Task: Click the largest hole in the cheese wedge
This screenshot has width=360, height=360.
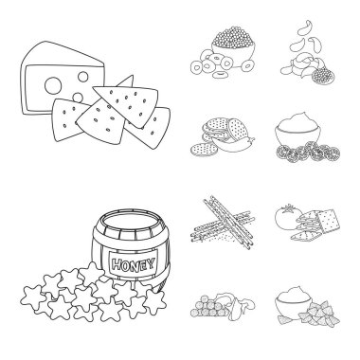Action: (x=52, y=85)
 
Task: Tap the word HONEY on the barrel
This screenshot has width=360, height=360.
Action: (x=134, y=264)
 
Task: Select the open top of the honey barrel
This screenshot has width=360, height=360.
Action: (x=131, y=222)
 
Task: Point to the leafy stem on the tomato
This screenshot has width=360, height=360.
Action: (x=288, y=208)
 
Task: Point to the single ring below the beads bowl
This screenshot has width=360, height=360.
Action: (x=220, y=75)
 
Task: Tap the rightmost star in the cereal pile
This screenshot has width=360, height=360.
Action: (x=155, y=301)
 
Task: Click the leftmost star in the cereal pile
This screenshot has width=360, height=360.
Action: (x=31, y=297)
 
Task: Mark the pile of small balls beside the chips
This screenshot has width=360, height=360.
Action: (x=207, y=308)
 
